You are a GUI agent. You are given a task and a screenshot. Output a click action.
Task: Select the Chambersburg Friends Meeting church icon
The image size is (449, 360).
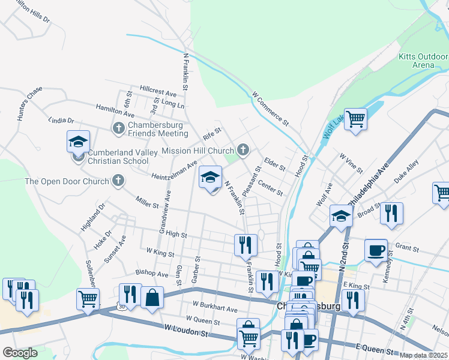pos(118,128)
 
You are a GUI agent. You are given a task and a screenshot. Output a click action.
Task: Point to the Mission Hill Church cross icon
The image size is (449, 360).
pos(243,149)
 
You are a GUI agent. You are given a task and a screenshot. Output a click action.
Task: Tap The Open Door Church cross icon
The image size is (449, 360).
pos(118,180)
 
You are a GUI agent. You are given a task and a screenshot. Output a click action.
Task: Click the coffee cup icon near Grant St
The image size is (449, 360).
pos(376,250)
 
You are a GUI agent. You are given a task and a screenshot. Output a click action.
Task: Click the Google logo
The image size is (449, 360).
pos(20,353)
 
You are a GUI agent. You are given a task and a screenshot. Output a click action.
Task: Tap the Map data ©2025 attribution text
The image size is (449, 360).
pos(423,355)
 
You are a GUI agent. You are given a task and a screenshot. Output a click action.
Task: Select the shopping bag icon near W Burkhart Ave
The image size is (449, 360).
pos(152,297)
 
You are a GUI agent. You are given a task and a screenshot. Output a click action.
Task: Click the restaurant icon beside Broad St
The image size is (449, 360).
pos(391,214)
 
